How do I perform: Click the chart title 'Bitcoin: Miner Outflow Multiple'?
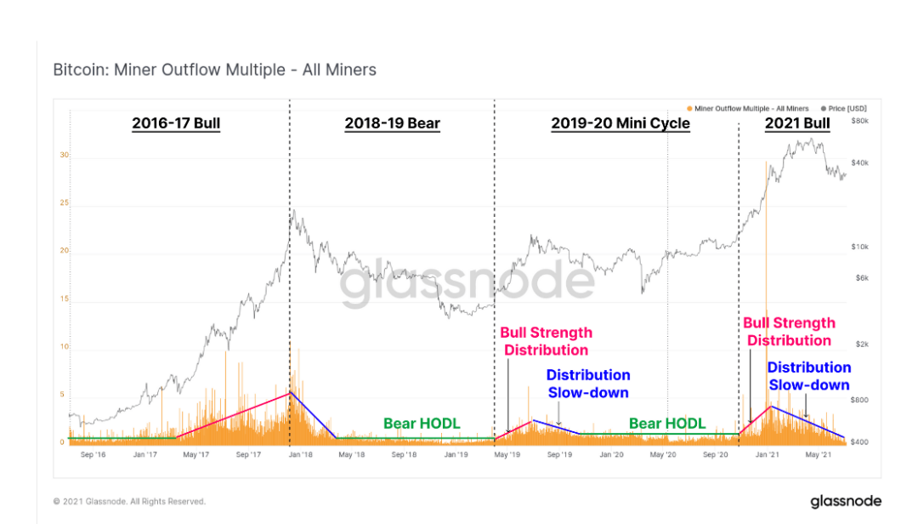pyautogui.click(x=214, y=70)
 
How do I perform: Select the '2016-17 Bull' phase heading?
pyautogui.click(x=176, y=123)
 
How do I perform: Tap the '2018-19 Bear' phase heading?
pyautogui.click(x=392, y=123)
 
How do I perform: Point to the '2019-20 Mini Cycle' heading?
pyautogui.click(x=620, y=123)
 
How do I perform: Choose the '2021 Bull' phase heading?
pyautogui.click(x=797, y=123)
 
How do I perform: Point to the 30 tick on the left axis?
pyautogui.click(x=64, y=156)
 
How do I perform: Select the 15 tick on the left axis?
pyautogui.click(x=64, y=299)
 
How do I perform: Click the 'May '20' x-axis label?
pyautogui.click(x=663, y=455)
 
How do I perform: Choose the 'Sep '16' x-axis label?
pyautogui.click(x=93, y=455)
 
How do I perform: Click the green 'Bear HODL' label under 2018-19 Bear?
pyautogui.click(x=422, y=423)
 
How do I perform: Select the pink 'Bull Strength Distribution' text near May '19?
pyautogui.click(x=546, y=341)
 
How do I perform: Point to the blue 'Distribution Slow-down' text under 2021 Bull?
pyautogui.click(x=808, y=376)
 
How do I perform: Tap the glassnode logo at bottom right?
pyautogui.click(x=845, y=501)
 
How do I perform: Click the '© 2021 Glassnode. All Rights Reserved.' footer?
pyautogui.click(x=129, y=502)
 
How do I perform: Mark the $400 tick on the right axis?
pyautogui.click(x=860, y=442)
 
